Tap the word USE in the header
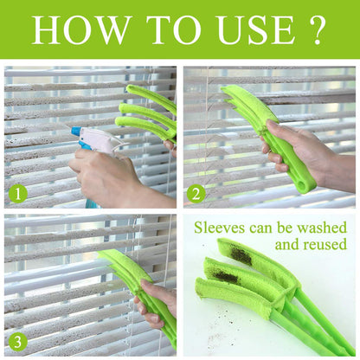click(250, 30)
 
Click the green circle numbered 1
click(18, 193)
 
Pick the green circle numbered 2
click(196, 193)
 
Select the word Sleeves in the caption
click(219, 228)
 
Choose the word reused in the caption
click(324, 245)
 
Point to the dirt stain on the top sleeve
click(241, 257)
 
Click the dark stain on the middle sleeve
click(227, 276)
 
